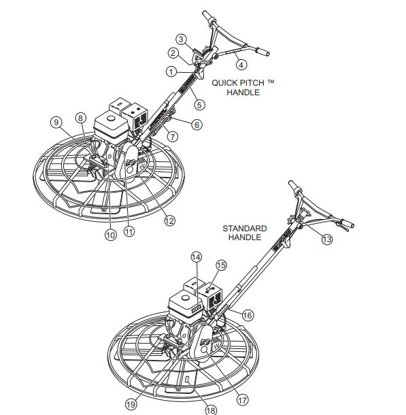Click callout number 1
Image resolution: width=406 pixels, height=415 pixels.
[x=171, y=71]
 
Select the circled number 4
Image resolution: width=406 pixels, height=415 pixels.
[x=241, y=65]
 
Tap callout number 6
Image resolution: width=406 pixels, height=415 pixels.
[x=197, y=124]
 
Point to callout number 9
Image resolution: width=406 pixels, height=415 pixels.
[x=56, y=122]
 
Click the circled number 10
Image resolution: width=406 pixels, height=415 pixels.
[x=111, y=235]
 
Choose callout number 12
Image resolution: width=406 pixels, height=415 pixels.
[x=169, y=220]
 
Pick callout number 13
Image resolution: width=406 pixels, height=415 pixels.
[x=327, y=239]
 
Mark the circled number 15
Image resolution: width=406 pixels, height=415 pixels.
[x=222, y=265]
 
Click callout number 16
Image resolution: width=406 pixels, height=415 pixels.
[x=248, y=315]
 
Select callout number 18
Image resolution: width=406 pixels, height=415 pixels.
[x=211, y=410]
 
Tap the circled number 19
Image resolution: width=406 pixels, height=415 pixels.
[x=131, y=404]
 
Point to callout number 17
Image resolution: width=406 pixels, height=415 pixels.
[x=242, y=400]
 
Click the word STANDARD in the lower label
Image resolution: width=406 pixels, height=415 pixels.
[x=245, y=229]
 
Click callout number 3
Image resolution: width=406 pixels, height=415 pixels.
[x=181, y=39]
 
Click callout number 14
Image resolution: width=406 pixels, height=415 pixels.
[x=197, y=257]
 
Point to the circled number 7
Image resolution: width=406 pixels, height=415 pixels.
[x=173, y=137]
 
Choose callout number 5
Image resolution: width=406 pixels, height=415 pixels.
[x=199, y=105]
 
